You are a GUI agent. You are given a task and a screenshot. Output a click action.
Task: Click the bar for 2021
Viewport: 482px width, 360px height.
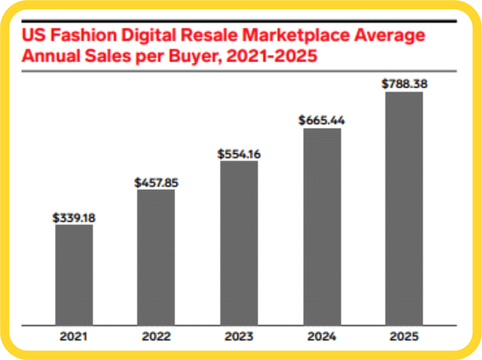pos(74,274)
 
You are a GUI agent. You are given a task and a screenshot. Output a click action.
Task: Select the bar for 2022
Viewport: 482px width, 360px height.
pos(156,257)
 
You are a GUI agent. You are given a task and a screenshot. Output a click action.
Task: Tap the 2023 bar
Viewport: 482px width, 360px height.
pos(239,242)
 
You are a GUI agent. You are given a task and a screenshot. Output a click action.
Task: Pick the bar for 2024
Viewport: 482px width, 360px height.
pos(322,226)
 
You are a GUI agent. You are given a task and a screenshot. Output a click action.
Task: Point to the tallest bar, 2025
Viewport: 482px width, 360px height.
pos(404,208)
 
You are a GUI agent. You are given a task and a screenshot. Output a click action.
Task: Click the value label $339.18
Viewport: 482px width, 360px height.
pos(74,218)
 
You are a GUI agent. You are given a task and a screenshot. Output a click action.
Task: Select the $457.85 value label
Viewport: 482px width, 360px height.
pos(156,183)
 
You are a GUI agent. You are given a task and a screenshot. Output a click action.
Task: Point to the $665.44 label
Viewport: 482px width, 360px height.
pos(322,121)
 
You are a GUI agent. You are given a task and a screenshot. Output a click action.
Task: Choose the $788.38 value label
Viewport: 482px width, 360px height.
pos(404,84)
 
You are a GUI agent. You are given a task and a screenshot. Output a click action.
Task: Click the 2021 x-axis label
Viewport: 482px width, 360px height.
pos(74,336)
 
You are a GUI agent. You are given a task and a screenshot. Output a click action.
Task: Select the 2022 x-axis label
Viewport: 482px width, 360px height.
pos(156,336)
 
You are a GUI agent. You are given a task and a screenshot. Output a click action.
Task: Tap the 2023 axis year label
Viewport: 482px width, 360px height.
pos(239,336)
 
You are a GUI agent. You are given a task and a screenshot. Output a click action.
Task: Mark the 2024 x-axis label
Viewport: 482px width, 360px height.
pos(322,336)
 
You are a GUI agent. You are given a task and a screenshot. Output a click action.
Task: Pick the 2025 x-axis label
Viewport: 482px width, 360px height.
pos(404,336)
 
